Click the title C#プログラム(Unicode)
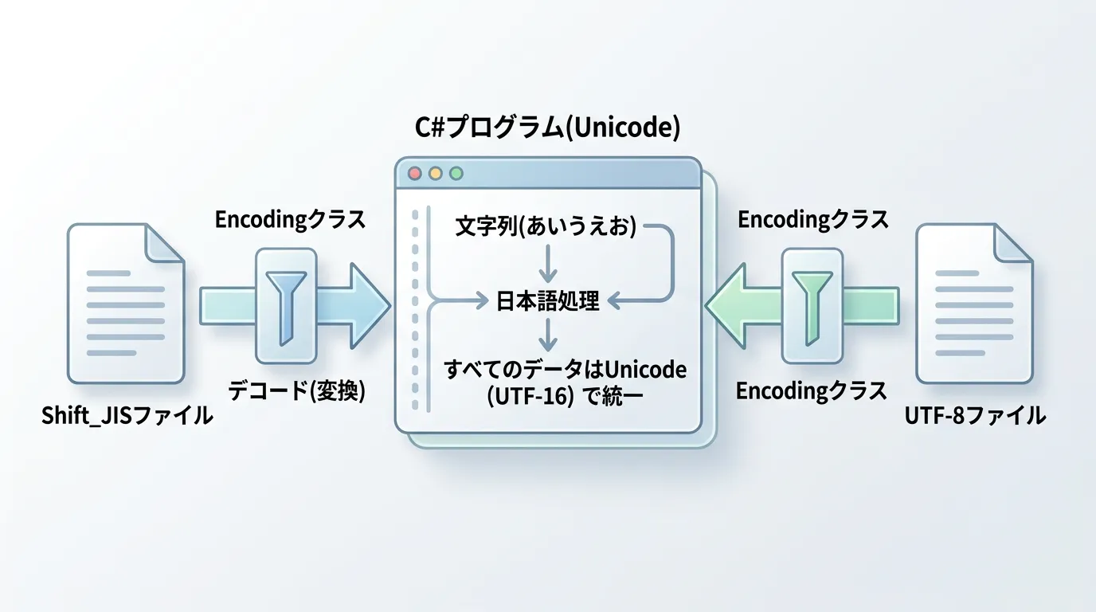(547, 127)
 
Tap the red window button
(414, 173)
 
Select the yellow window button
(435, 173)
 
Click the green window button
(456, 173)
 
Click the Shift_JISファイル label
(127, 415)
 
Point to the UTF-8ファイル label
(975, 415)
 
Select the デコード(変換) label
(296, 390)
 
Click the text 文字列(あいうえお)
(546, 227)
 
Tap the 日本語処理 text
(547, 301)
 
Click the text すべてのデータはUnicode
(566, 370)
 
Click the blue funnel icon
(287, 307)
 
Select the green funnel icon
(812, 307)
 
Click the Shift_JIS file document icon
(126, 303)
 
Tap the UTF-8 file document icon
(974, 303)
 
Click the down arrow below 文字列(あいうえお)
(547, 261)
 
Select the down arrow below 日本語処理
(547, 335)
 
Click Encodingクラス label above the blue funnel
(290, 220)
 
